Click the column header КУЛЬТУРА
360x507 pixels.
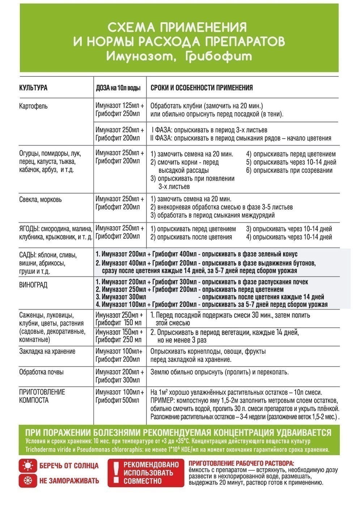click(x=33, y=88)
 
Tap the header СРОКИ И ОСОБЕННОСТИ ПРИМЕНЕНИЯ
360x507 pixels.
click(x=202, y=88)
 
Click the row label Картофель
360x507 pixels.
click(x=33, y=106)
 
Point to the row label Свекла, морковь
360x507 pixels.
click(x=41, y=200)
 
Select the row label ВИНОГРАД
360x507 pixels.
click(x=33, y=285)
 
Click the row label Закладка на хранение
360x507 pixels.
click(x=47, y=351)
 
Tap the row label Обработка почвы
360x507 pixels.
click(x=42, y=372)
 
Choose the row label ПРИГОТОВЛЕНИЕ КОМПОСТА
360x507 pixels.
click(x=42, y=396)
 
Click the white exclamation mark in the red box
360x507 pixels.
click(x=115, y=473)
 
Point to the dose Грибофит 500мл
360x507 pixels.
click(x=117, y=401)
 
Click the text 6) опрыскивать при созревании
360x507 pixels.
click(x=289, y=171)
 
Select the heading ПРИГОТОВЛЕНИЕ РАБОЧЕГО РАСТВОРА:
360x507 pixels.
click(x=241, y=463)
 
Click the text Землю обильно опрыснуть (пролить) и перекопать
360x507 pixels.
click(x=220, y=372)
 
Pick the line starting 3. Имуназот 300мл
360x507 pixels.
click(x=210, y=297)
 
